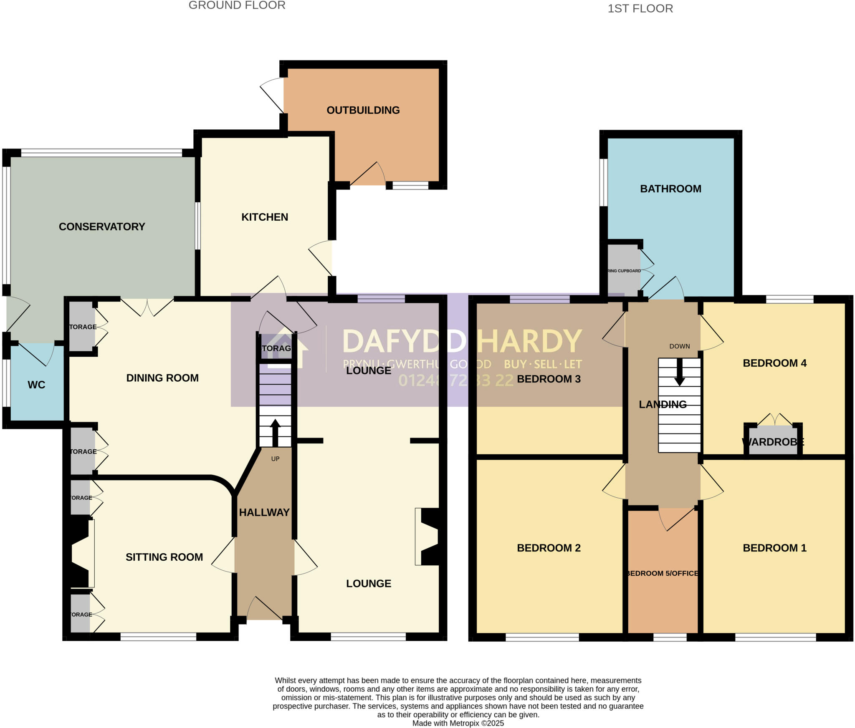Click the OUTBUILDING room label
pyautogui.click(x=363, y=110)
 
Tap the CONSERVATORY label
pyautogui.click(x=102, y=227)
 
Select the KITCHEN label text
pyautogui.click(x=265, y=217)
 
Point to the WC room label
pyautogui.click(x=36, y=385)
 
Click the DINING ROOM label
pyautogui.click(x=162, y=378)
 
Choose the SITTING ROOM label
pyautogui.click(x=164, y=557)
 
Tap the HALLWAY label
pyautogui.click(x=264, y=512)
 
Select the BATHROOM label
pyautogui.click(x=670, y=189)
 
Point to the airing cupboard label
pyautogui.click(x=624, y=271)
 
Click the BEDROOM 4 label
pyautogui.click(x=774, y=363)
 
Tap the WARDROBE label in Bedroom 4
pyautogui.click(x=773, y=442)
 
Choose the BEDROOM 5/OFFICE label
pyautogui.click(x=662, y=573)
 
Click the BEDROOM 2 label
pyautogui.click(x=549, y=548)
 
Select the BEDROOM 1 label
pyautogui.click(x=774, y=548)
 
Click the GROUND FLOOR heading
pyautogui.click(x=237, y=5)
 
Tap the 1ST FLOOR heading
pyautogui.click(x=640, y=9)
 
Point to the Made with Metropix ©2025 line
pyautogui.click(x=458, y=723)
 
